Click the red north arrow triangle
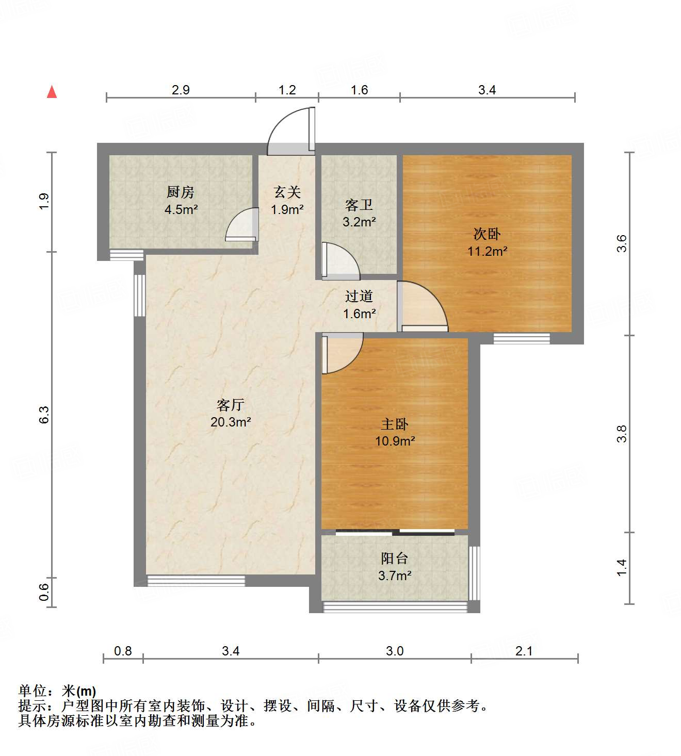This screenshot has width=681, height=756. pos(52,92)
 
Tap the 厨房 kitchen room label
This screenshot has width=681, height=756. pos(181,192)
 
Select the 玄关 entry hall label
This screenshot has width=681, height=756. pos(287,192)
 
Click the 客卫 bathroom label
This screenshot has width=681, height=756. pos(359,205)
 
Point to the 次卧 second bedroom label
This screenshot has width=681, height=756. pos(487,234)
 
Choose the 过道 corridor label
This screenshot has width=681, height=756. pos(359,296)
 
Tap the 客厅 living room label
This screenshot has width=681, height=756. pos(231,405)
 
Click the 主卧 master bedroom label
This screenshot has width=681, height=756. pos(395,424)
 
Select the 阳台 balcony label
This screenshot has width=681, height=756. pos(395,558)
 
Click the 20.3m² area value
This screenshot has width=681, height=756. pos(231,422)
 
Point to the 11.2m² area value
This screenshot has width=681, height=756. pos(487,252)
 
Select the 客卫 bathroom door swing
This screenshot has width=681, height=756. pos(339,260)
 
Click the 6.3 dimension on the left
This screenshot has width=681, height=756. pos(44,415)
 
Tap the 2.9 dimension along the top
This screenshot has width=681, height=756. pos(181,90)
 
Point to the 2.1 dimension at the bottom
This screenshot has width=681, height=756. pos(524,651)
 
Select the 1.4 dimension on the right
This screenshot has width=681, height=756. pos(622,567)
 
